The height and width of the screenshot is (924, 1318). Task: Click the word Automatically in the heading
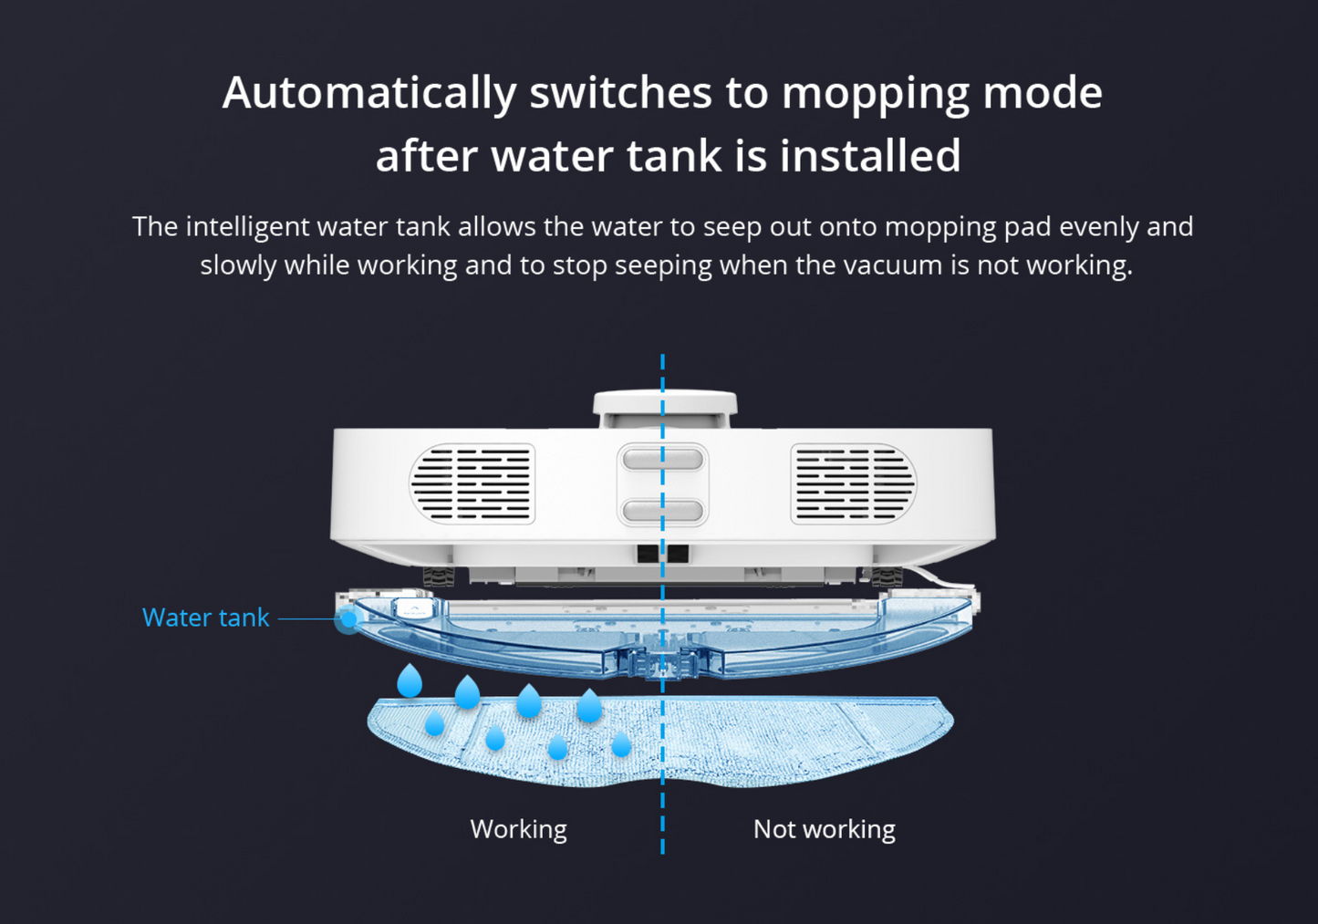368,93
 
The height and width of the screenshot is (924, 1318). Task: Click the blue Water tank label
205,618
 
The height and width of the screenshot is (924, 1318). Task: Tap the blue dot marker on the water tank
348,619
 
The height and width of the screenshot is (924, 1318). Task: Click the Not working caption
824,829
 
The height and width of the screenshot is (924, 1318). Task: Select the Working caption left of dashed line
518,829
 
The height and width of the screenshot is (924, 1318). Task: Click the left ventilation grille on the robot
472,483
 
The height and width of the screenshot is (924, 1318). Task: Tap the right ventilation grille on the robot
853,483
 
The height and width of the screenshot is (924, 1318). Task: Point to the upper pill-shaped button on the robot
662,458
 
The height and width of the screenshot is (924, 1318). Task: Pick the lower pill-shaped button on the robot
662,511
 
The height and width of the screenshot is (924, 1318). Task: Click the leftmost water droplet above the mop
410,681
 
